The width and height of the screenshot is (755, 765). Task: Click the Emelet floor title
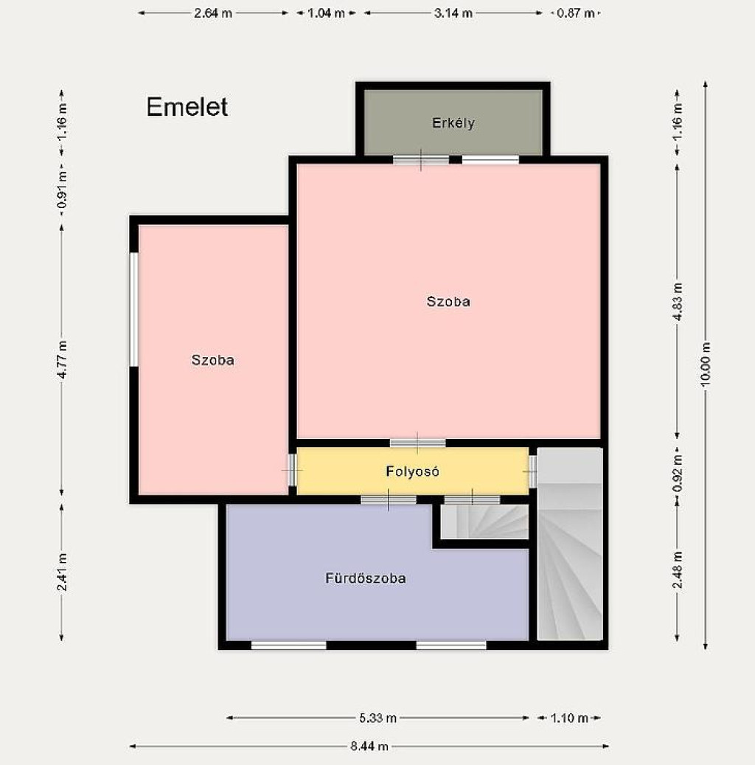click(x=187, y=107)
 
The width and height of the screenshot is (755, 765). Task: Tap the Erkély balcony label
click(x=453, y=123)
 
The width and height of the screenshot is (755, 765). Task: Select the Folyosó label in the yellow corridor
click(x=413, y=471)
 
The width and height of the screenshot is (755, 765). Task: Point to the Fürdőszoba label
click(x=366, y=578)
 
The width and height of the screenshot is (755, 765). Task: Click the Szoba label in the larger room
click(x=448, y=302)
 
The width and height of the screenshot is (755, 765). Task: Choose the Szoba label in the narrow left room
click(x=212, y=360)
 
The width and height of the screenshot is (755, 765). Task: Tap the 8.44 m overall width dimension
click(x=369, y=746)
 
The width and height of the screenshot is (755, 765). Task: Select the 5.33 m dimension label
click(x=378, y=718)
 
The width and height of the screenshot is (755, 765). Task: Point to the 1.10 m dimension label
click(x=569, y=718)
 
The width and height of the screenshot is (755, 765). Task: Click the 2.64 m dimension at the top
click(x=212, y=13)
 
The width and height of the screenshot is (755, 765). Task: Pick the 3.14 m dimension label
click(x=453, y=13)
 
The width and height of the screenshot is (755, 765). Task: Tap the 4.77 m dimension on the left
click(x=62, y=360)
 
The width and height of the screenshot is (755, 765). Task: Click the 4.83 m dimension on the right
click(x=677, y=302)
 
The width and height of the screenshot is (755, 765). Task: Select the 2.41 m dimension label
click(x=62, y=572)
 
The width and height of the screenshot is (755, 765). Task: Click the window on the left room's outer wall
click(x=133, y=309)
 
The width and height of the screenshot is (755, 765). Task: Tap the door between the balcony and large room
click(x=421, y=159)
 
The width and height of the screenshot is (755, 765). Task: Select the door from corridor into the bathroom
click(x=389, y=499)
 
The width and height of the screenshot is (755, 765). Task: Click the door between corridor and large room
click(x=417, y=443)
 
